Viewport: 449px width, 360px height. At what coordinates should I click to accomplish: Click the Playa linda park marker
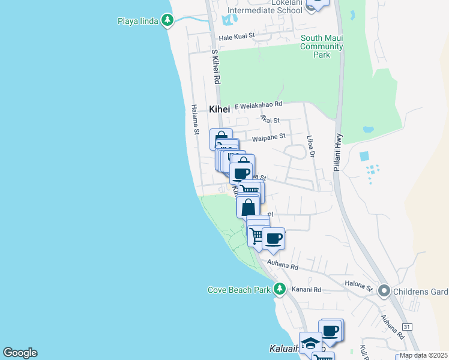[x=167, y=22]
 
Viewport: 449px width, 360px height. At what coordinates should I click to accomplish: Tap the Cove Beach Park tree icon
[x=279, y=289]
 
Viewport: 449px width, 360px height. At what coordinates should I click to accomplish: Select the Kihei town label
[x=220, y=109]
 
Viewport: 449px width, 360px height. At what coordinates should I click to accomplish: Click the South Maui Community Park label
[x=321, y=46]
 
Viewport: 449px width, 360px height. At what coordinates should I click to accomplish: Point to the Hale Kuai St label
[x=237, y=36]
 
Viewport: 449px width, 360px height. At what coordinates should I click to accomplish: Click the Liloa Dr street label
[x=311, y=146]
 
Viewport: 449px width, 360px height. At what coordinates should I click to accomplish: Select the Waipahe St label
[x=268, y=137]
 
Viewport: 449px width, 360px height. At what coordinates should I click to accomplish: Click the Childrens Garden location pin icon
[x=385, y=292]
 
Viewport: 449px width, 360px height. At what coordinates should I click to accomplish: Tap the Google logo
[x=20, y=353]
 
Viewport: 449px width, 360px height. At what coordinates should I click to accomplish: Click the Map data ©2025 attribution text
[x=423, y=355]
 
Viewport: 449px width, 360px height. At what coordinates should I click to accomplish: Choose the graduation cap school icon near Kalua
[x=310, y=343]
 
